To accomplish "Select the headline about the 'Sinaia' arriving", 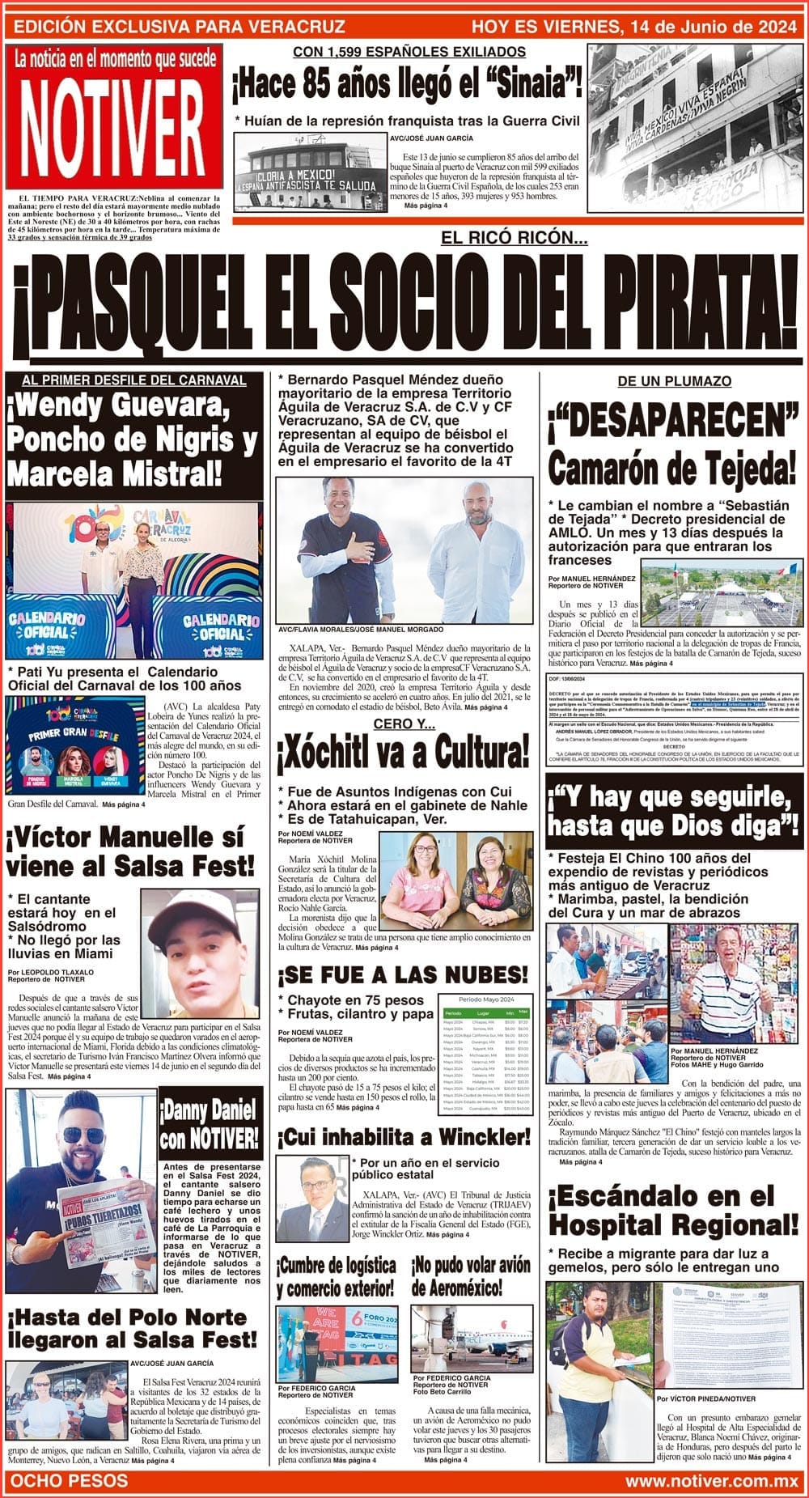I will click(x=407, y=83).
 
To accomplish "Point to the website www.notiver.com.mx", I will click(x=712, y=1481).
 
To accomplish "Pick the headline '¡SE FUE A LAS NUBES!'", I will click(x=402, y=974).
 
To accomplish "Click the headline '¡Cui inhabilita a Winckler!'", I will click(x=402, y=1137).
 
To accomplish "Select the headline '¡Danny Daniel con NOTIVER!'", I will click(x=210, y=1125).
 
